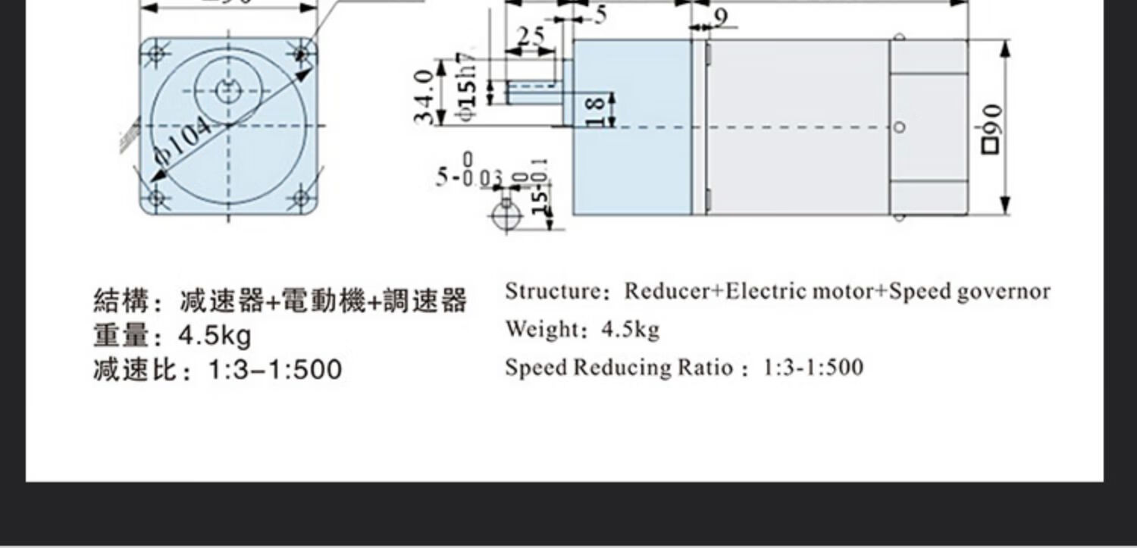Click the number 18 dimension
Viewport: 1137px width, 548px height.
tap(597, 111)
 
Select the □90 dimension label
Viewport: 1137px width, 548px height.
tap(991, 129)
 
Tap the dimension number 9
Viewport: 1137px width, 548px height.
tap(720, 17)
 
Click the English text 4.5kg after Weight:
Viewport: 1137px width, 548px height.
tap(630, 329)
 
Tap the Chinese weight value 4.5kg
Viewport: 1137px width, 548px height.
tap(215, 334)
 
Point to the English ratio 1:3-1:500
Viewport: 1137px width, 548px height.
tap(813, 367)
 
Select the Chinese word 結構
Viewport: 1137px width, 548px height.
tap(120, 301)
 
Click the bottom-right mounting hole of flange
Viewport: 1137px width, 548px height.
tap(301, 199)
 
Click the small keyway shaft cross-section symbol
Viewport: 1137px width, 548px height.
tap(506, 215)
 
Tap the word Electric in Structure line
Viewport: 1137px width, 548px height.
tap(766, 291)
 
